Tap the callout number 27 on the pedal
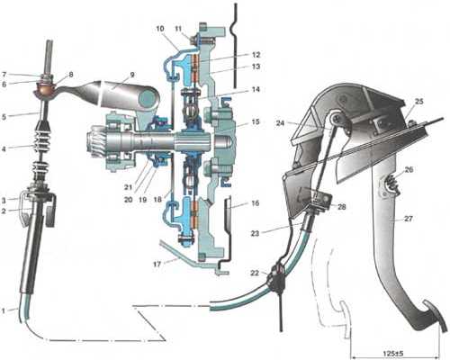pyautogui.click(x=409, y=219)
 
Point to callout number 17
pyautogui.click(x=157, y=265)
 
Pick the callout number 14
pyautogui.click(x=256, y=90)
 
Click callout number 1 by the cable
pyautogui.click(x=4, y=311)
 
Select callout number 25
pyautogui.click(x=418, y=102)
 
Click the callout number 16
pyautogui.click(x=256, y=203)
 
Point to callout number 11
pyautogui.click(x=178, y=30)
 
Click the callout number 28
pyautogui.click(x=342, y=207)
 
